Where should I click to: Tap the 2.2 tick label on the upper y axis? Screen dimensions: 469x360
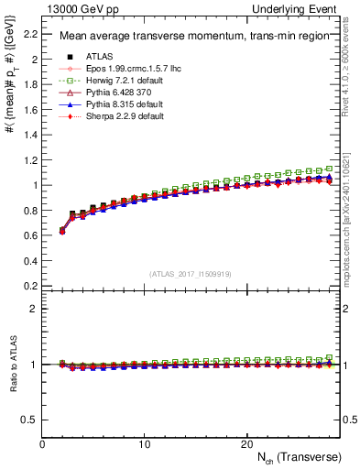30,35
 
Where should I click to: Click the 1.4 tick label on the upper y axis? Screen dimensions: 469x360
30,135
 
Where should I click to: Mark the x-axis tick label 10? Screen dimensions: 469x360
144,444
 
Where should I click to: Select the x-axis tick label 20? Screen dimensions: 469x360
245,444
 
